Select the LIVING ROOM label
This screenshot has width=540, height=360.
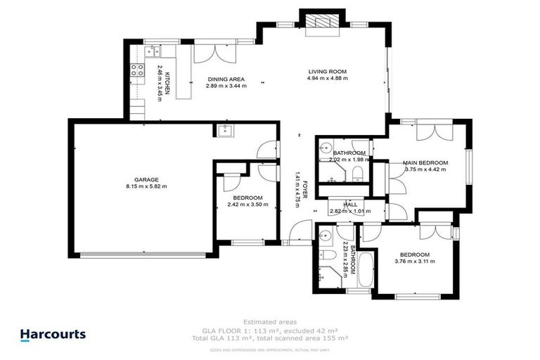(x=328, y=72)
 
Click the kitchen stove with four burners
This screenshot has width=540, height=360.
(x=134, y=71)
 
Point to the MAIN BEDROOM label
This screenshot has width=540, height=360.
(x=424, y=163)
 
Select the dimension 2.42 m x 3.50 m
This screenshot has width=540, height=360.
(x=247, y=205)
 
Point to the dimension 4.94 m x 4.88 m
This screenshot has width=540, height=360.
(x=328, y=79)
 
